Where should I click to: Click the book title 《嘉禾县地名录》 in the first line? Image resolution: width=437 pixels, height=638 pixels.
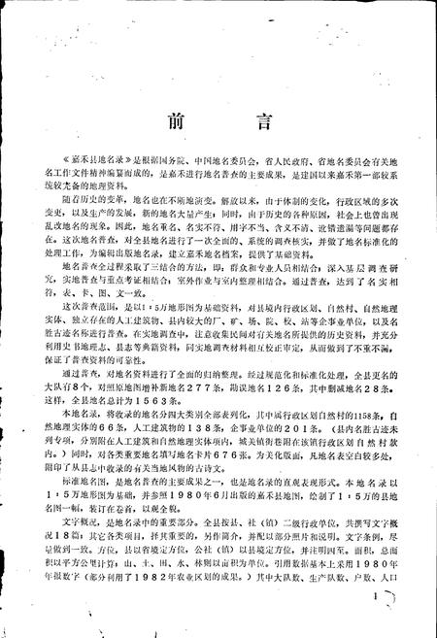87,213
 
